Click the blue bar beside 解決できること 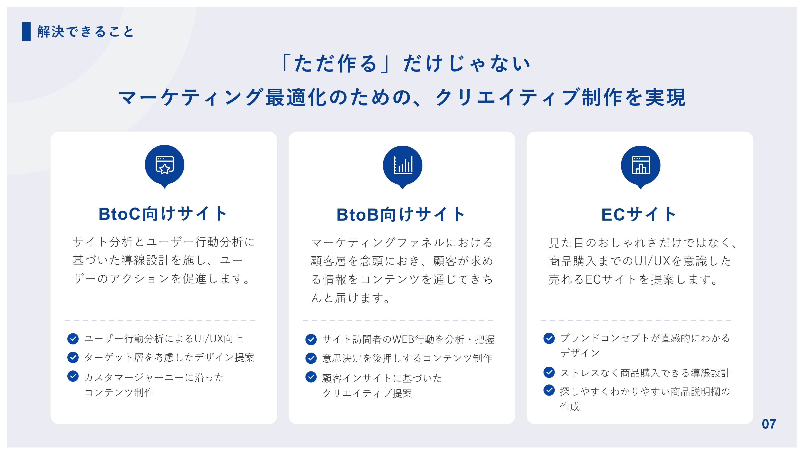[x=26, y=31]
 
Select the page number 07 [x=769, y=424]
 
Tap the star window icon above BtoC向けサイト [x=164, y=165]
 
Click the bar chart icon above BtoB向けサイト [x=402, y=165]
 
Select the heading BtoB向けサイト [x=401, y=215]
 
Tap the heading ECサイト [x=639, y=215]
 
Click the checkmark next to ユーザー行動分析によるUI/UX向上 [x=73, y=339]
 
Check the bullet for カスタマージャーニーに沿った [x=73, y=376]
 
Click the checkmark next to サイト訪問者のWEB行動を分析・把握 [x=311, y=339]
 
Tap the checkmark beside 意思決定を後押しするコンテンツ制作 [x=311, y=358]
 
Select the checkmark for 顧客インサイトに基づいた [x=311, y=377]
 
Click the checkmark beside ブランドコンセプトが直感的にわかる [x=549, y=338]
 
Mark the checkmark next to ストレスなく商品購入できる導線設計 [x=549, y=372]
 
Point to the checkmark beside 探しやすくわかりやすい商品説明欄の [x=549, y=390]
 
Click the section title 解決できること [x=85, y=32]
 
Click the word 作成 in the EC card [x=570, y=406]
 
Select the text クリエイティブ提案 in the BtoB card [x=367, y=393]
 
